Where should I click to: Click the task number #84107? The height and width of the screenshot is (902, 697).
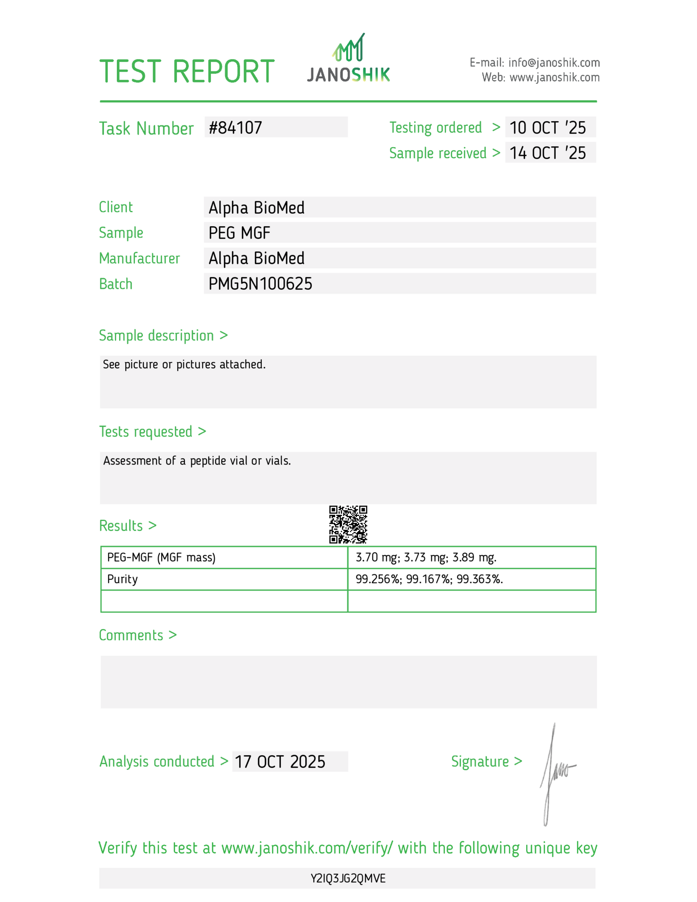click(x=236, y=128)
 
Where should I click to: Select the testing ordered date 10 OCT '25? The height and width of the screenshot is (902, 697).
click(x=548, y=128)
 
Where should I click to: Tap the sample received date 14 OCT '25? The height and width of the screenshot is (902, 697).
click(x=548, y=153)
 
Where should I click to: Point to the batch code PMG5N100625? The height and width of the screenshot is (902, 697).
click(x=260, y=284)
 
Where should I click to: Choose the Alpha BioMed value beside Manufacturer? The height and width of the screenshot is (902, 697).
click(x=256, y=259)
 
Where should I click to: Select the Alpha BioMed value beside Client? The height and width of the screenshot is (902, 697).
click(x=256, y=208)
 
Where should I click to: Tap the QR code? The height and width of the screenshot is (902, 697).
click(x=348, y=524)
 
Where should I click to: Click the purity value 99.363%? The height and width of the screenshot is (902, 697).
click(x=480, y=579)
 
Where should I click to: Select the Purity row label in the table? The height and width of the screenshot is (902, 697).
click(x=122, y=579)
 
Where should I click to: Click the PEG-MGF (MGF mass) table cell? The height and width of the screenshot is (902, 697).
click(x=161, y=558)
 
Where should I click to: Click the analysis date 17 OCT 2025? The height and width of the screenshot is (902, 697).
click(x=280, y=761)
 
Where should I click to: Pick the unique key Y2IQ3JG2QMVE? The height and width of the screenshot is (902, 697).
click(x=348, y=878)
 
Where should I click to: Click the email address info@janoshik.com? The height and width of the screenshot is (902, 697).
click(x=554, y=63)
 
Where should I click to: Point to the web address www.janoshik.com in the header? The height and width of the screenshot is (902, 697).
click(x=554, y=78)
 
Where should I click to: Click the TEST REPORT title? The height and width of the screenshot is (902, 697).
click(x=187, y=71)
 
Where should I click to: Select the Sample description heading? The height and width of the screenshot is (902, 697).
click(x=156, y=335)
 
